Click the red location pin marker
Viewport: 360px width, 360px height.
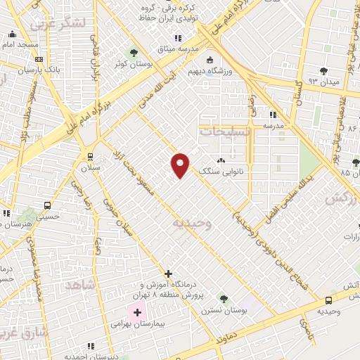point(181,165)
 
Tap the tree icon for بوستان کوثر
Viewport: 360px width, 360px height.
point(134,53)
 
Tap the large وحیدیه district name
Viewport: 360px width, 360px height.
point(191,224)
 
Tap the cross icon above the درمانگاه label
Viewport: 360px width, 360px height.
point(167,273)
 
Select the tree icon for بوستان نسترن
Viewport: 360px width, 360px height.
point(224,299)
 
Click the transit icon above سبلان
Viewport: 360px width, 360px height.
point(89,156)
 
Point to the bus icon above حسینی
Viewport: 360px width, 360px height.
point(46,206)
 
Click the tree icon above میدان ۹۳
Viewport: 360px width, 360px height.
point(323,70)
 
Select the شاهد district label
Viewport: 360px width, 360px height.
point(79,284)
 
